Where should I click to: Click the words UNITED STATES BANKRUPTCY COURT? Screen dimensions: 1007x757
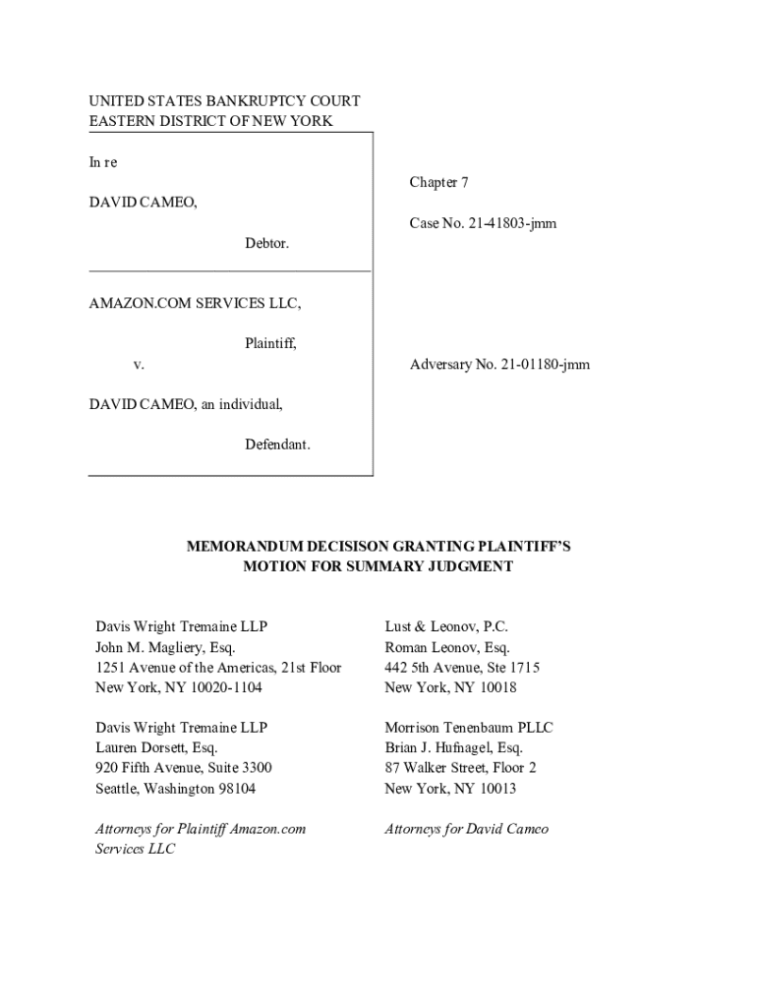click(224, 101)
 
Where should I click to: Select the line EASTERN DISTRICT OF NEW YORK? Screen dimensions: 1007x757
click(210, 121)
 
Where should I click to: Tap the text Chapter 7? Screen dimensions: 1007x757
click(438, 182)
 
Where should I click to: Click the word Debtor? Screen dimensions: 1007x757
click(267, 243)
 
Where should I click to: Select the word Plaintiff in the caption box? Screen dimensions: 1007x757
click(270, 344)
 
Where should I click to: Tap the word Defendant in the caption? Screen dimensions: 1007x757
click(277, 444)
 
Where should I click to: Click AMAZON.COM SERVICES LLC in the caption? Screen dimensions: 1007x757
click(195, 304)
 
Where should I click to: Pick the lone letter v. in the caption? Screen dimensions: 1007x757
click(139, 365)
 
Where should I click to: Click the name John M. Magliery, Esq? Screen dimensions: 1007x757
click(165, 647)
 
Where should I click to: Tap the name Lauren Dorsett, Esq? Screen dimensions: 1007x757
click(156, 747)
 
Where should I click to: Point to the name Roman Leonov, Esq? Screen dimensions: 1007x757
click(446, 647)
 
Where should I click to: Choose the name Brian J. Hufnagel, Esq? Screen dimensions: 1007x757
click(453, 747)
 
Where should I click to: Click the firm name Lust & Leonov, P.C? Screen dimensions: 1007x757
click(445, 626)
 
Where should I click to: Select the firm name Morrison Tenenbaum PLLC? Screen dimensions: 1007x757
click(468, 728)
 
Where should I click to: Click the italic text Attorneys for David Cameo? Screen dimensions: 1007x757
click(466, 829)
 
